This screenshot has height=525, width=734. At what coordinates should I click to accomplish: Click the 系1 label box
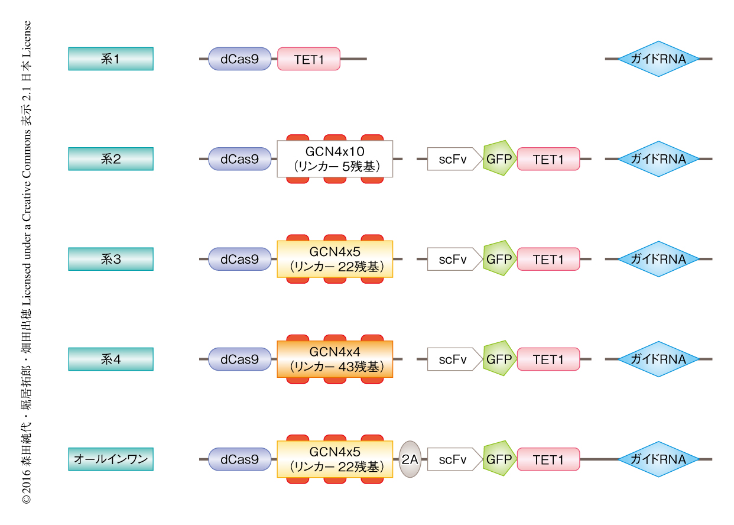[x=111, y=59]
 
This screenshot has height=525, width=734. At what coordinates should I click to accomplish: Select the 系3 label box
[x=111, y=259]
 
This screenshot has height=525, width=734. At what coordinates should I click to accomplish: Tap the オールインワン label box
[x=111, y=459]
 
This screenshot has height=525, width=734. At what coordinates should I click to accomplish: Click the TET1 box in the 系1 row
[x=308, y=59]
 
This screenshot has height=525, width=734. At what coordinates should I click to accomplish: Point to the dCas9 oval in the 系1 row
[x=239, y=59]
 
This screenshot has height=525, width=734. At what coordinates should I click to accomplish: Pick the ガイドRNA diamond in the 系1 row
[x=658, y=59]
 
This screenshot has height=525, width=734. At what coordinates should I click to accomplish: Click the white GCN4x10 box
[x=334, y=159]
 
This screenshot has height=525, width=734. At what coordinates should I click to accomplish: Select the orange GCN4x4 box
[x=334, y=359]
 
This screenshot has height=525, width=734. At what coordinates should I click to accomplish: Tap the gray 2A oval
[x=410, y=459]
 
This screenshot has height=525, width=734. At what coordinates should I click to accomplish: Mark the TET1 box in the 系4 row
[x=548, y=359]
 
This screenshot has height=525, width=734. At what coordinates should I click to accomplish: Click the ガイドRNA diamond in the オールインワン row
[x=658, y=459]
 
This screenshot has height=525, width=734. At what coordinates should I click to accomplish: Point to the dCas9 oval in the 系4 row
[x=239, y=359]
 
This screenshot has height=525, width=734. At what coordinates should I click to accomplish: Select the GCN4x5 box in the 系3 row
[x=334, y=259]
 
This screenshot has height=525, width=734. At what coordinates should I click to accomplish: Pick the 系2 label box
[x=111, y=159]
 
